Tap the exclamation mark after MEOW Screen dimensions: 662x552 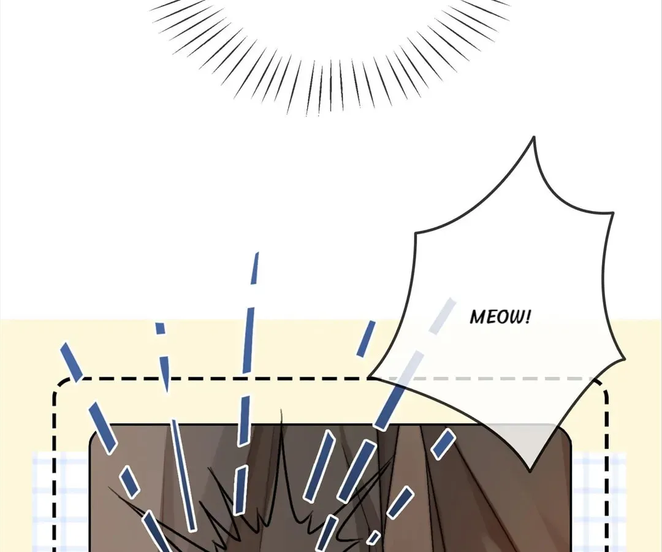click(527, 316)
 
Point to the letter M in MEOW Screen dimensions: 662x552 click(477, 317)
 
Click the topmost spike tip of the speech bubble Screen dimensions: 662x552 click(534, 137)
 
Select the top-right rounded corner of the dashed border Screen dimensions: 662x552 click(601, 385)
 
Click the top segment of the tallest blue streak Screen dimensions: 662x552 click(254, 269)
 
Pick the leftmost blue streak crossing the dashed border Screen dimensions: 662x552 click(72, 362)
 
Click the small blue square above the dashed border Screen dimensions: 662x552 click(160, 328)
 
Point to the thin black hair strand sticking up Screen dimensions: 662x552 click(281, 423)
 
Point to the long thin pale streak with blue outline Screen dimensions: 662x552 click(183, 475)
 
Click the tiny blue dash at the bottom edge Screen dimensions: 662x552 click(373, 538)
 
